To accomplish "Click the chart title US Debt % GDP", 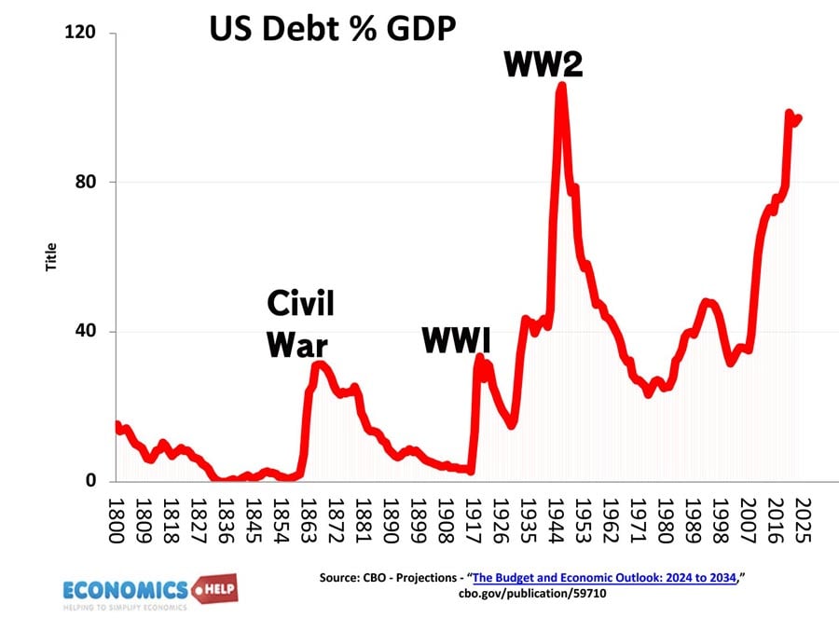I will click(x=331, y=31).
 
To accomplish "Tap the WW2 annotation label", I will click(x=543, y=63).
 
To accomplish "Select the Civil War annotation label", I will click(x=299, y=323).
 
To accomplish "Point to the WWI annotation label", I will click(x=456, y=340).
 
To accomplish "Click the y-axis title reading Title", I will click(x=51, y=256).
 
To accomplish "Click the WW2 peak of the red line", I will click(x=561, y=86).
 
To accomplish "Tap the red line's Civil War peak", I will click(x=318, y=364).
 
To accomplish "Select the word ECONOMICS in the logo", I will click(x=124, y=588).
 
